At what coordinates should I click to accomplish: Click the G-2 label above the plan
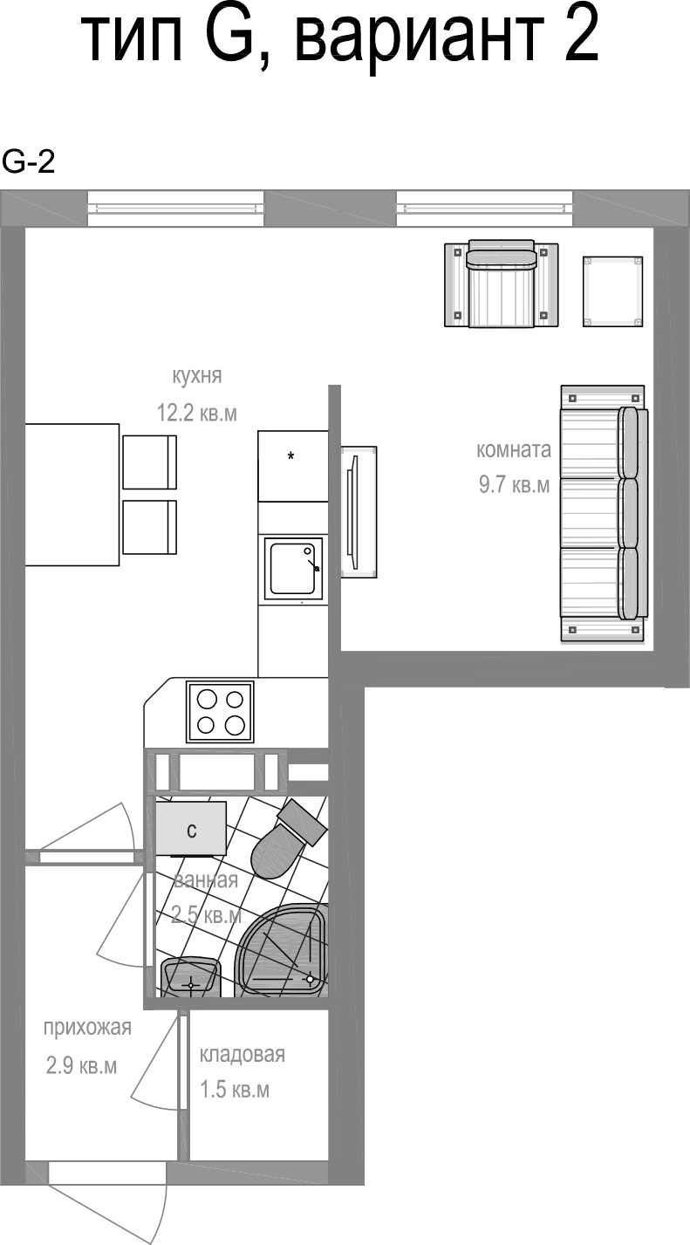[x=28, y=163]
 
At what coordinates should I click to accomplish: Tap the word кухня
[x=196, y=376]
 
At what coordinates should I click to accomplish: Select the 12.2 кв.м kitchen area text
[x=196, y=413]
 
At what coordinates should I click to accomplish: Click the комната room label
[x=514, y=449]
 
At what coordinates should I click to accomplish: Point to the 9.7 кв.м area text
[x=515, y=485]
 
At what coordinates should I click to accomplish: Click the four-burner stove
[x=220, y=712]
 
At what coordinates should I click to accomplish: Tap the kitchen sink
[x=293, y=567]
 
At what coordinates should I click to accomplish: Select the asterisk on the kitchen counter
[x=290, y=456]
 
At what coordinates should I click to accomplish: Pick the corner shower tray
[x=284, y=951]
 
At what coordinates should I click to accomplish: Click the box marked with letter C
[x=190, y=828]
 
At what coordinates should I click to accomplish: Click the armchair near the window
[x=501, y=284]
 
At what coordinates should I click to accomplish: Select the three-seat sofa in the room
[x=604, y=514]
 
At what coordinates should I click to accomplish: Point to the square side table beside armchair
[x=612, y=291]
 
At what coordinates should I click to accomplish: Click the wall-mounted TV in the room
[x=359, y=511]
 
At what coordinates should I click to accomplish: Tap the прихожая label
[x=87, y=1029]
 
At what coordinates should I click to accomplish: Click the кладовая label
[x=243, y=1054]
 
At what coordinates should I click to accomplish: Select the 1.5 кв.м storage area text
[x=235, y=1090]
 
